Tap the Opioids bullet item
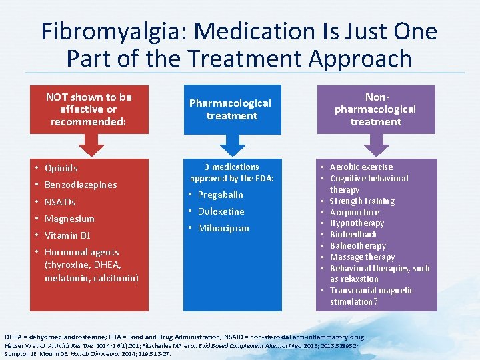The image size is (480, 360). pos(61,168)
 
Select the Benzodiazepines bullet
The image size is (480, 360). pos(80,185)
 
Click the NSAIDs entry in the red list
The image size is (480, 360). pos(60,202)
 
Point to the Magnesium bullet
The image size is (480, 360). pos(69,219)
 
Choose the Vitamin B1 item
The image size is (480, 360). pos(67,235)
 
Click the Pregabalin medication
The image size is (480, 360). pos(220,195)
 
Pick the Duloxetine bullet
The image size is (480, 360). pos(221,211)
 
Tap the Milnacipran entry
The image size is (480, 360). pos(223,228)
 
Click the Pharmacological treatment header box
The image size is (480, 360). pos(231,109)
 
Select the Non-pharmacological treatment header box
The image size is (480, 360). pos(375,109)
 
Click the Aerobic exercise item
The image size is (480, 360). pos(361,167)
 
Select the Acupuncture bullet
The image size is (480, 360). pos(355,212)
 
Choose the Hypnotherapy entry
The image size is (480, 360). pos(357,223)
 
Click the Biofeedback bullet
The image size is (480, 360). pos(353,235)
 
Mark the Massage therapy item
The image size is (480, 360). pos(362,257)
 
